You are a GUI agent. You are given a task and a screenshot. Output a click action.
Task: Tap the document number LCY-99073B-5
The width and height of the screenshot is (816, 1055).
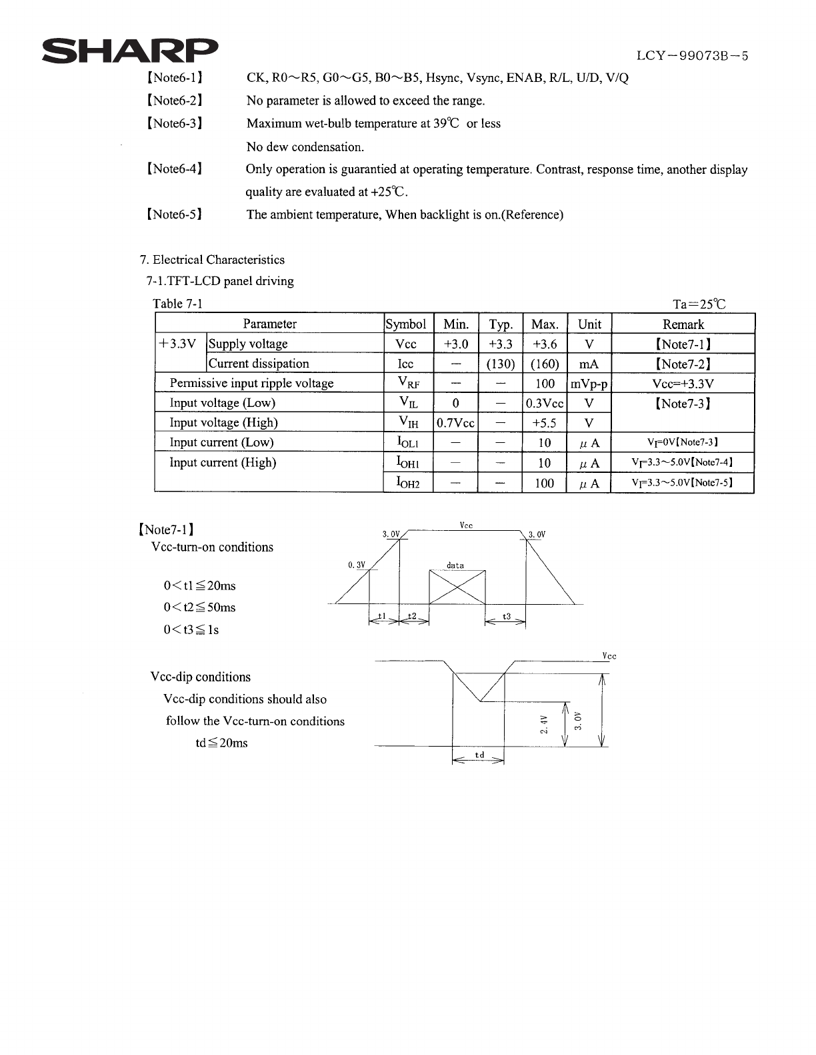click(692, 56)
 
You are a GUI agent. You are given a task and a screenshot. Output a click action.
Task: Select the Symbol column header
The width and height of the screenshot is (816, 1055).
click(406, 324)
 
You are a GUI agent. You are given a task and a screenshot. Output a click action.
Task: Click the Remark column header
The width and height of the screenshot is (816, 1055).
click(683, 324)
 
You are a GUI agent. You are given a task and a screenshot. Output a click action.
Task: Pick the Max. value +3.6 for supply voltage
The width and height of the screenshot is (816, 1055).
click(545, 344)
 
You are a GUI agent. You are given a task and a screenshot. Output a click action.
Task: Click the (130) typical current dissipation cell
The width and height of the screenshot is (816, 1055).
click(500, 364)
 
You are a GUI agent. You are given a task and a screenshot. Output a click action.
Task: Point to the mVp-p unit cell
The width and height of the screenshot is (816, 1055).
click(589, 384)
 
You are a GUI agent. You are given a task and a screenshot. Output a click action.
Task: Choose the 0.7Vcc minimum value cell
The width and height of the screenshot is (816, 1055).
click(455, 423)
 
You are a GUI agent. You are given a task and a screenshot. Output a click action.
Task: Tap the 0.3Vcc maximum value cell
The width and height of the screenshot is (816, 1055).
click(545, 404)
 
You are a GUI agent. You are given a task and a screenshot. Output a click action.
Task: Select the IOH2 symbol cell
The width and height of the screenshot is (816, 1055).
click(408, 482)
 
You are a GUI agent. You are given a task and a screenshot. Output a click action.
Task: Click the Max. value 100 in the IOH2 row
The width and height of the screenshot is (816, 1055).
click(545, 483)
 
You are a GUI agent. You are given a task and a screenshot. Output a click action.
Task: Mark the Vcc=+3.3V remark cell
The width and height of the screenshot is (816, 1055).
click(683, 384)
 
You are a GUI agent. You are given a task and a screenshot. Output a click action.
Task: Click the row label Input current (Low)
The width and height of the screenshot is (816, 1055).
click(221, 442)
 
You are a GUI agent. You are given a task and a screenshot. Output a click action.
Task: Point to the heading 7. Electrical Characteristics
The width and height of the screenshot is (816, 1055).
click(212, 260)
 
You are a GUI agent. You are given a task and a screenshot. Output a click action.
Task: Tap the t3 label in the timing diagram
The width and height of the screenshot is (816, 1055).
click(506, 617)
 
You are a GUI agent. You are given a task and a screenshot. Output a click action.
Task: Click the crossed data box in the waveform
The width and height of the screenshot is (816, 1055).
click(457, 587)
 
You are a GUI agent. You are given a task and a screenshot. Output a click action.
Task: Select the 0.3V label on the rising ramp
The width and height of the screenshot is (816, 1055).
click(357, 565)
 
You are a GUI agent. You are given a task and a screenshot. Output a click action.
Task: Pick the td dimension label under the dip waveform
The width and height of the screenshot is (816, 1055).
click(479, 755)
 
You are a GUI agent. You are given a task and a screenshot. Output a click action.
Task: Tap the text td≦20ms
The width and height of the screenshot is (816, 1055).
click(221, 743)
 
